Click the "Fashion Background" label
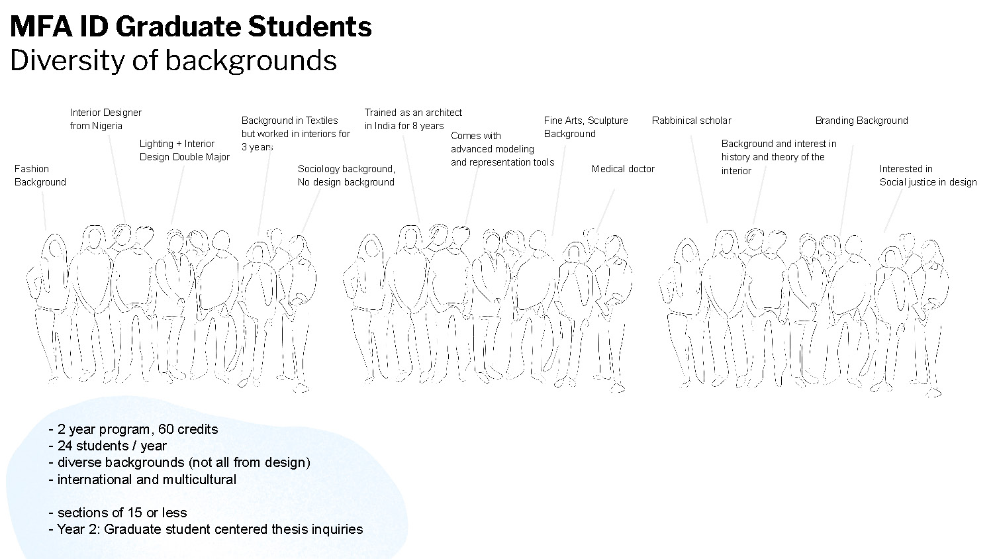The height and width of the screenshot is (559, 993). pyautogui.click(x=40, y=176)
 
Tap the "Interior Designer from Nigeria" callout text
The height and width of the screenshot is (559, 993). pyautogui.click(x=105, y=119)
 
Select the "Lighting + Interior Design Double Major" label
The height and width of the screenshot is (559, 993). pyautogui.click(x=184, y=150)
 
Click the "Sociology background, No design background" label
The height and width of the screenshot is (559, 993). pyautogui.click(x=346, y=176)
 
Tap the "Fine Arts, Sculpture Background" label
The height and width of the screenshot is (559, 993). pyautogui.click(x=585, y=127)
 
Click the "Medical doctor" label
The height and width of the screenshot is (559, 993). pyautogui.click(x=622, y=169)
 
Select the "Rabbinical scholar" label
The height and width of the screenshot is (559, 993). pyautogui.click(x=691, y=121)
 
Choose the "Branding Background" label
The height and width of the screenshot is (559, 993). pyautogui.click(x=861, y=121)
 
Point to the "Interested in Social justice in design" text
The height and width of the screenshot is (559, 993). pyautogui.click(x=927, y=176)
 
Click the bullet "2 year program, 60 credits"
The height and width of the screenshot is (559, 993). pyautogui.click(x=137, y=429)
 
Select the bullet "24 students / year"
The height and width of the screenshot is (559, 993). pyautogui.click(x=111, y=446)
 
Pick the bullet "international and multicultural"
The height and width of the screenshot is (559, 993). pyautogui.click(x=146, y=480)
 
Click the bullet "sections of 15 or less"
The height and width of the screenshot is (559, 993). pyautogui.click(x=122, y=513)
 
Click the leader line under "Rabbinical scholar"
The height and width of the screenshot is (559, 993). pyautogui.click(x=699, y=179)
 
